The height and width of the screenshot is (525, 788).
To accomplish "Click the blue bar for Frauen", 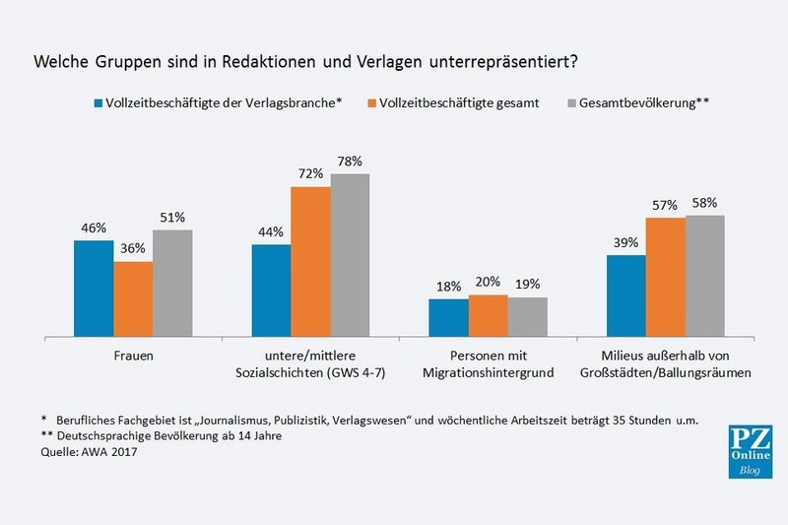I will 94,287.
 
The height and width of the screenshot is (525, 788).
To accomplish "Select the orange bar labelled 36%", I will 133,297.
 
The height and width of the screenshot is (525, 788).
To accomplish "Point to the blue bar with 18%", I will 448,316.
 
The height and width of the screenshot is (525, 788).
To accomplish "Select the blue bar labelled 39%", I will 625,295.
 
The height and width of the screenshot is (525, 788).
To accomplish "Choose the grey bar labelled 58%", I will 704,275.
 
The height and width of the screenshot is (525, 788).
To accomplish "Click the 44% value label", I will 271,232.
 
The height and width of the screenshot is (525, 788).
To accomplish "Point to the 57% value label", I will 665,205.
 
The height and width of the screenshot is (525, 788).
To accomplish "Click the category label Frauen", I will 133,355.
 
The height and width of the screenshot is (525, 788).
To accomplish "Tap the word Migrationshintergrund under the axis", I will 488,372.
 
